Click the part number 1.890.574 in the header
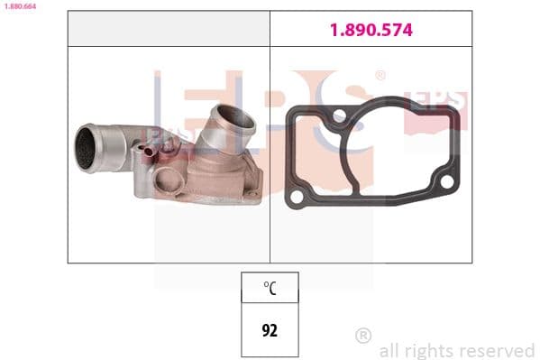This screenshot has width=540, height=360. coord(371,30)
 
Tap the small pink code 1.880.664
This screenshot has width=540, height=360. coord(20,6)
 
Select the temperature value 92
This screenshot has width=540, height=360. coord(270,330)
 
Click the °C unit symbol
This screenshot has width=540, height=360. coord(270,288)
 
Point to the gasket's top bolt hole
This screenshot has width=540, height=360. coord(340,115)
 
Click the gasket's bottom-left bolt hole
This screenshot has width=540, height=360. coord(297,198)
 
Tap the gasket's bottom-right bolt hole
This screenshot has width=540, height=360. coord(446,181)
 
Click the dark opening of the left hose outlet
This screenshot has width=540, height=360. coord(85,148)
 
